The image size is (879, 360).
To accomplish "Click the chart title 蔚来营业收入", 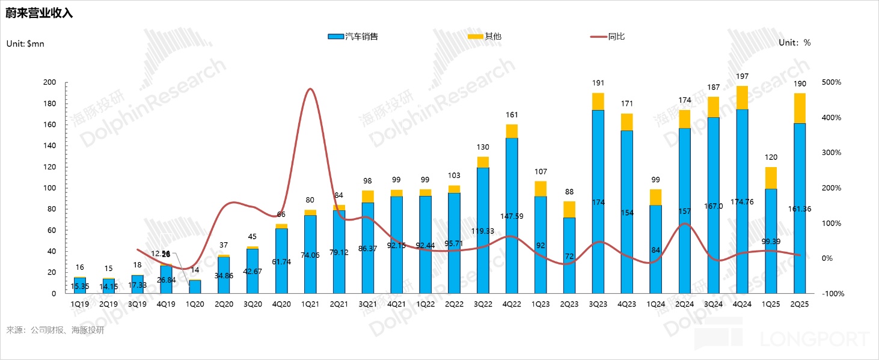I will click(39, 13).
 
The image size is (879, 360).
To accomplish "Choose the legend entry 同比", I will click(616, 37).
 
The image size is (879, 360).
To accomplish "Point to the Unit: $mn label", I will click(25, 43).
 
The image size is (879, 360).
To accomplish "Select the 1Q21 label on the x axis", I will click(310, 304).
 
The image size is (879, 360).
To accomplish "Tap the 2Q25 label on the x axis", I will click(800, 304).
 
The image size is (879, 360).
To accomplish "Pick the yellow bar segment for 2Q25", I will click(800, 108).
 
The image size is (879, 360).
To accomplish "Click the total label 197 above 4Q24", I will click(743, 76).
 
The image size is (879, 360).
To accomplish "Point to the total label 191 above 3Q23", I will click(598, 83).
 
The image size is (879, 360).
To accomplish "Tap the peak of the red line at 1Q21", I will click(310, 89).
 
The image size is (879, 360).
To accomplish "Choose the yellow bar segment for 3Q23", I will click(598, 102).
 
